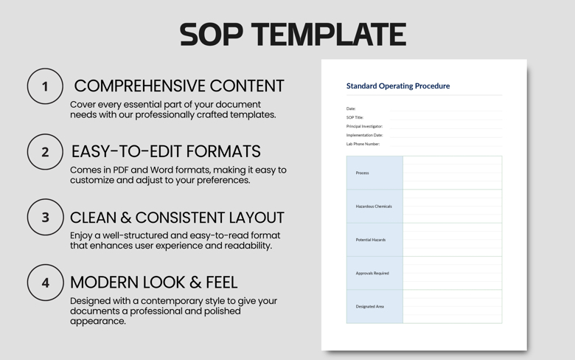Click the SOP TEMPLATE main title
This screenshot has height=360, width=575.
click(293, 35)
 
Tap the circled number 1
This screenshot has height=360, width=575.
click(45, 86)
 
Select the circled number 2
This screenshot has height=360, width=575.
click(45, 152)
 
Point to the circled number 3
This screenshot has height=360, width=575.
click(45, 218)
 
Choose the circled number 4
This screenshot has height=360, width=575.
click(45, 283)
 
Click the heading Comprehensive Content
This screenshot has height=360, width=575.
click(178, 86)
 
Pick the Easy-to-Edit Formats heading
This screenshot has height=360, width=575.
click(166, 151)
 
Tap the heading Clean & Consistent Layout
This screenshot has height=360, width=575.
click(177, 218)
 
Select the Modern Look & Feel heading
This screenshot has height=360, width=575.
click(154, 282)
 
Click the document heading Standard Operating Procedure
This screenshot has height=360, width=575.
click(398, 86)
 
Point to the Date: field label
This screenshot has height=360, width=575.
click(351, 108)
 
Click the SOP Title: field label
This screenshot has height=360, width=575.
click(355, 117)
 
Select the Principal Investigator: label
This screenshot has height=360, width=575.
click(364, 126)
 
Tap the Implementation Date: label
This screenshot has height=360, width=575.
click(364, 135)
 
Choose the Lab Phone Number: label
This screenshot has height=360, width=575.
click(363, 144)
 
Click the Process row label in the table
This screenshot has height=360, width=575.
click(362, 173)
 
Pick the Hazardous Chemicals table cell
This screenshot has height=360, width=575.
click(374, 207)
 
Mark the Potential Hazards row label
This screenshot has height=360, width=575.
click(370, 240)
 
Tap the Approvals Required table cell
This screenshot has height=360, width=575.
click(372, 273)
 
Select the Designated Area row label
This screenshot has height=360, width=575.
click(369, 306)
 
